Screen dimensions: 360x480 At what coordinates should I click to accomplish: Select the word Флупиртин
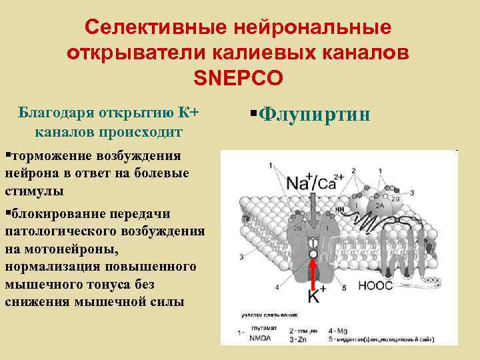click(313, 115)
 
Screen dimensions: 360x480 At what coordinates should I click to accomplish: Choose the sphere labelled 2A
click(379, 207)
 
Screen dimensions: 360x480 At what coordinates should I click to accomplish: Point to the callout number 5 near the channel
click(344, 288)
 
